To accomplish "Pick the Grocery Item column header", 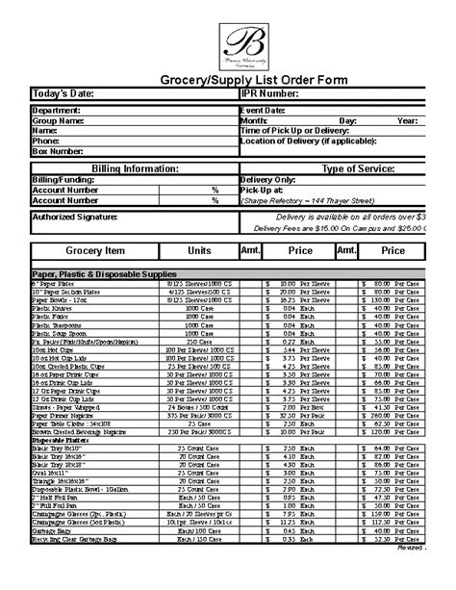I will (x=94, y=250).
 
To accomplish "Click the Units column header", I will (x=199, y=250).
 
